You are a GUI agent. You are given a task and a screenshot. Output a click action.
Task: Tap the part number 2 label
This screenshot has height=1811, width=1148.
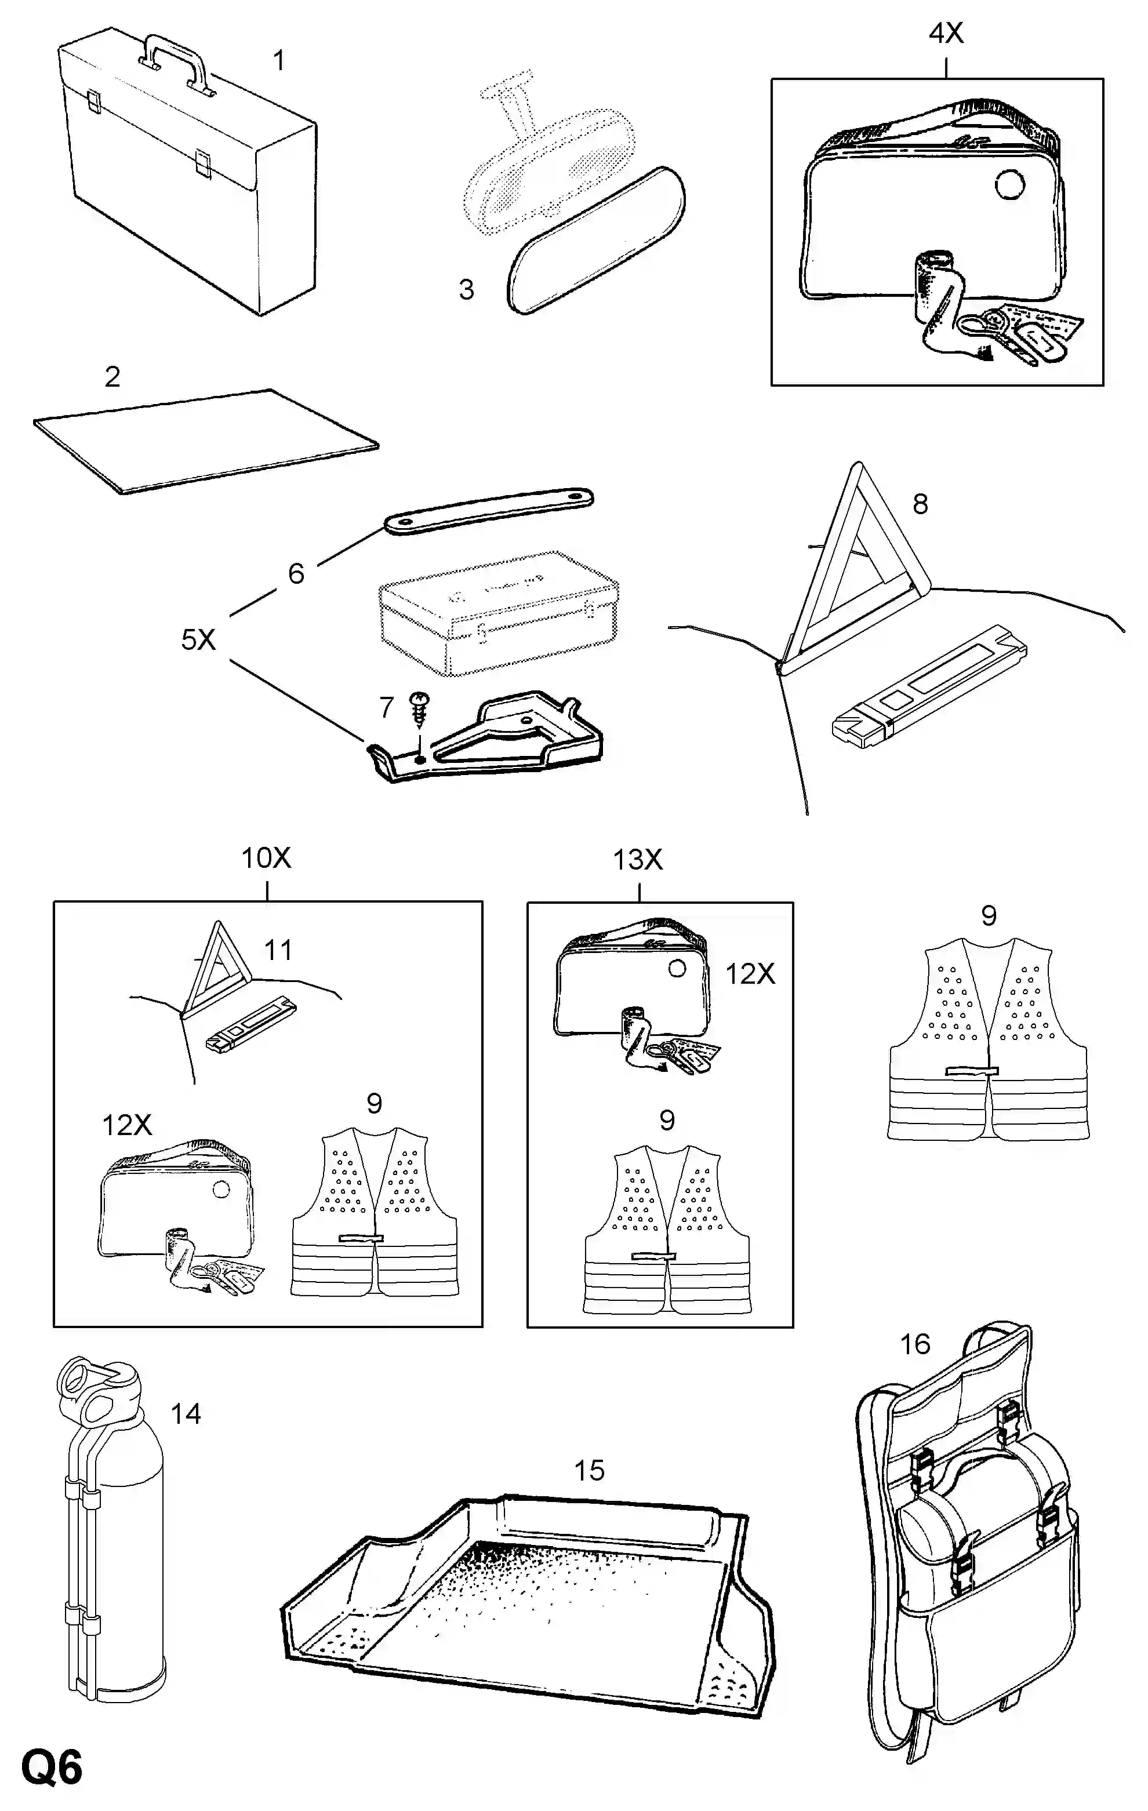112,376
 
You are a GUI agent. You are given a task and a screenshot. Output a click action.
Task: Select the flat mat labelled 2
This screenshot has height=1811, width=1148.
205,441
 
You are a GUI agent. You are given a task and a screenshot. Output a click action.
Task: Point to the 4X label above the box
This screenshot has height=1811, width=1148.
946,33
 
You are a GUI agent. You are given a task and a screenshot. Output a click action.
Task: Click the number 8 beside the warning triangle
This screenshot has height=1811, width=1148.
920,504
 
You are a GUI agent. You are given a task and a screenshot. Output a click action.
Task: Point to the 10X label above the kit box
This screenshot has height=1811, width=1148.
266,857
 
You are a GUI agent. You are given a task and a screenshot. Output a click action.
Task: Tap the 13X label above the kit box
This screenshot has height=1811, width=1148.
637,859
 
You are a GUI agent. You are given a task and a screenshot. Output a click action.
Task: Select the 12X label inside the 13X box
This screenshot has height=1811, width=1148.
749,974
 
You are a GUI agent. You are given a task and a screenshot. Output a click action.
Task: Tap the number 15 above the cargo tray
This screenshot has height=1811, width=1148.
589,1470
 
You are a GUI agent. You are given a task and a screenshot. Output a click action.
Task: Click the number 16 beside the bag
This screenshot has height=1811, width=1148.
915,1344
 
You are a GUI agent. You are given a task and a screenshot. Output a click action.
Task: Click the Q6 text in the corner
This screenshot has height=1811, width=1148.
52,1768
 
